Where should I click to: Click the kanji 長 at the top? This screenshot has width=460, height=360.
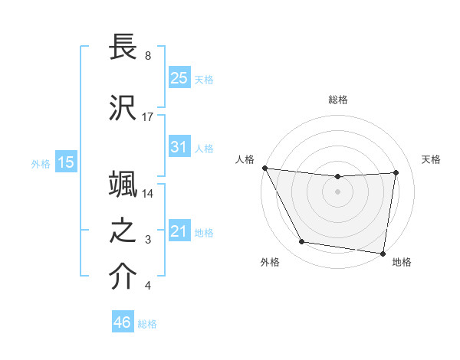pyautogui.click(x=123, y=47)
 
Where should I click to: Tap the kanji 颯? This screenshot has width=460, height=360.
pyautogui.click(x=123, y=185)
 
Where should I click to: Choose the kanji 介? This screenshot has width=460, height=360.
pyautogui.click(x=123, y=277)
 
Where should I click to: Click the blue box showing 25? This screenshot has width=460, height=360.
pyautogui.click(x=179, y=77)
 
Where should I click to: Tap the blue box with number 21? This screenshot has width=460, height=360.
pyautogui.click(x=179, y=231)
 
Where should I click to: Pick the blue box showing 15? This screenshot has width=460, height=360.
pyautogui.click(x=66, y=162)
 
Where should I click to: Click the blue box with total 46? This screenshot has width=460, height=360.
pyautogui.click(x=123, y=322)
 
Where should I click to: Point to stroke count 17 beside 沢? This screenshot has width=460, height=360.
pyautogui.click(x=148, y=117)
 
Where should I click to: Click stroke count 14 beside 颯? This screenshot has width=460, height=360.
pyautogui.click(x=148, y=194)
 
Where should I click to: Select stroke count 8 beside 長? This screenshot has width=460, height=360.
pyautogui.click(x=147, y=57)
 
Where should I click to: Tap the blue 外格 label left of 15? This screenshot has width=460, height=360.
pyautogui.click(x=41, y=162)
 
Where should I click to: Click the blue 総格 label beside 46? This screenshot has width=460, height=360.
pyautogui.click(x=147, y=324)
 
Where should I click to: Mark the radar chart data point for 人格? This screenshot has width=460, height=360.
pyautogui.click(x=264, y=168)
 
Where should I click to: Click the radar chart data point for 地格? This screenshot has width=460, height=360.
pyautogui.click(x=383, y=253)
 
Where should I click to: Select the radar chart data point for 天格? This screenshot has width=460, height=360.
pyautogui.click(x=396, y=172)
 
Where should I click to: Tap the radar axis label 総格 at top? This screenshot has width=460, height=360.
pyautogui.click(x=337, y=100)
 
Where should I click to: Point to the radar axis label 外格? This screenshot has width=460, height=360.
pyautogui.click(x=270, y=262)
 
